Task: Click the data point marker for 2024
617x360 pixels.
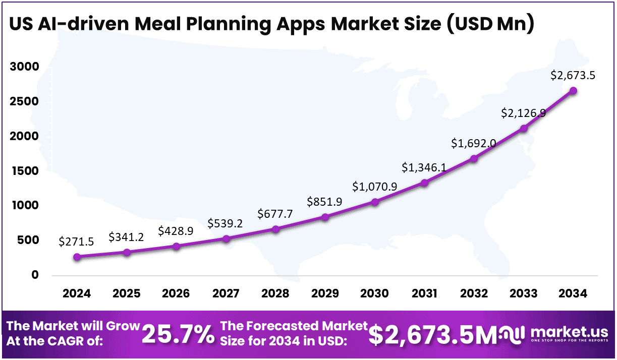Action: [x=77, y=257]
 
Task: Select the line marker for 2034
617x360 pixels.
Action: [x=573, y=91]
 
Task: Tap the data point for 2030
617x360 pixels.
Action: [x=375, y=202]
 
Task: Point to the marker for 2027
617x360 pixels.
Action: [x=226, y=238]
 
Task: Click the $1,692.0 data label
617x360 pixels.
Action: [x=474, y=143]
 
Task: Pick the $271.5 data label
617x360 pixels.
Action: [x=77, y=242]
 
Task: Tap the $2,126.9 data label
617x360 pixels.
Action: [x=524, y=113]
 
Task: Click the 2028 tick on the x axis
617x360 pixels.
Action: [x=275, y=293]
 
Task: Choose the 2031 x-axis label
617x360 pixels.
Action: [x=424, y=293]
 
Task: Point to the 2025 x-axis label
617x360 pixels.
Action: [x=127, y=293]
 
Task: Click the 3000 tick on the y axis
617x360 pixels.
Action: [x=24, y=67]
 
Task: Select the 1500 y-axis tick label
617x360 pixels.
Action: [x=24, y=171]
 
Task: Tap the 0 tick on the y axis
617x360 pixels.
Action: [x=34, y=275]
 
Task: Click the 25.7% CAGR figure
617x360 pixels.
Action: [x=178, y=334]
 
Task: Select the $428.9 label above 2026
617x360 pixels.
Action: [x=176, y=231]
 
